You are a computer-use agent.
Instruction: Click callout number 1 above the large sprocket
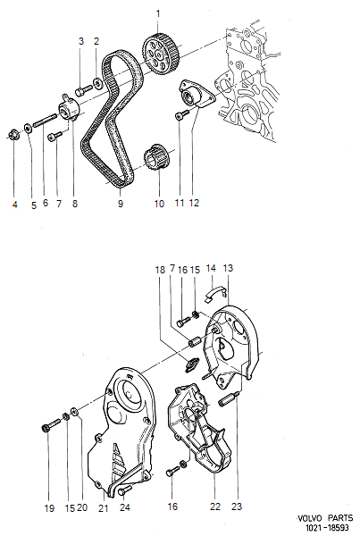(x=160, y=13)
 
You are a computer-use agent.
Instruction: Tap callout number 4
(x=15, y=205)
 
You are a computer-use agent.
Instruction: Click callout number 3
(x=81, y=41)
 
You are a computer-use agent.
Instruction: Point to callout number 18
(x=161, y=269)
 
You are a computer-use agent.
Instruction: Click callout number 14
(x=212, y=267)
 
